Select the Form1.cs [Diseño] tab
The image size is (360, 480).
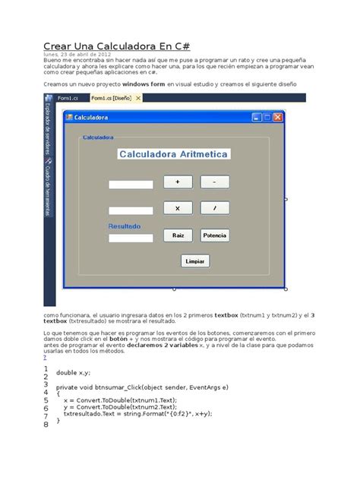[112, 98]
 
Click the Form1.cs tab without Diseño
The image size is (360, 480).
[68, 98]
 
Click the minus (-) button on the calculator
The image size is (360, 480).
[215, 182]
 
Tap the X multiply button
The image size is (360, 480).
[178, 208]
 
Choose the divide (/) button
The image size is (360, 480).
[215, 208]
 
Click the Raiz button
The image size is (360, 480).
[178, 235]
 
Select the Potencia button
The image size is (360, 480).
[215, 235]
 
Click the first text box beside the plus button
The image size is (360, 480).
[131, 185]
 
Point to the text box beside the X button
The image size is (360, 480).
[131, 210]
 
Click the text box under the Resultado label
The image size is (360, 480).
[131, 238]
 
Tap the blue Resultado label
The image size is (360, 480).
[125, 226]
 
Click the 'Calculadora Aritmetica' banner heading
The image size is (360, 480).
[174, 153]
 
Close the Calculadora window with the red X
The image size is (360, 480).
[278, 118]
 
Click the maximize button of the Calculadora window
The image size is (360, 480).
[267, 118]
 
